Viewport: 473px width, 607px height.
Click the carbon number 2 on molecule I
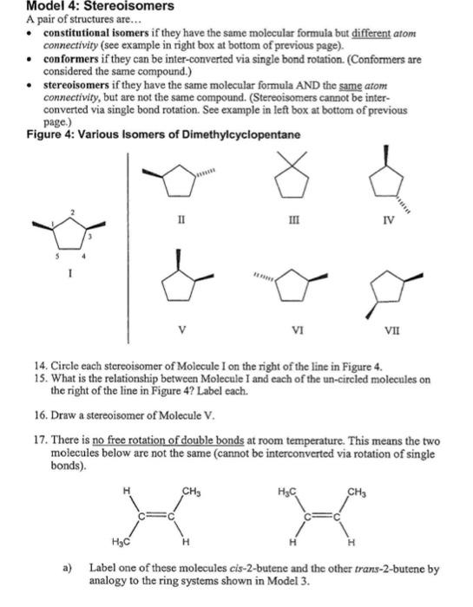tap(75, 212)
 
